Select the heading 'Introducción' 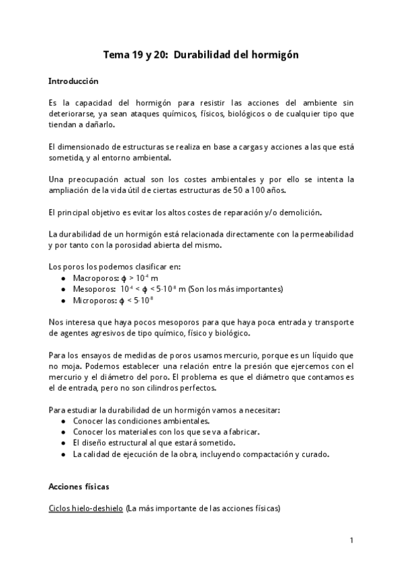(73, 81)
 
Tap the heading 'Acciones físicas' (80, 485)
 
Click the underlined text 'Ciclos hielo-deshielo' (85, 508)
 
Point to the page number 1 (351, 540)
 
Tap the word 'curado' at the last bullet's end (315, 454)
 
